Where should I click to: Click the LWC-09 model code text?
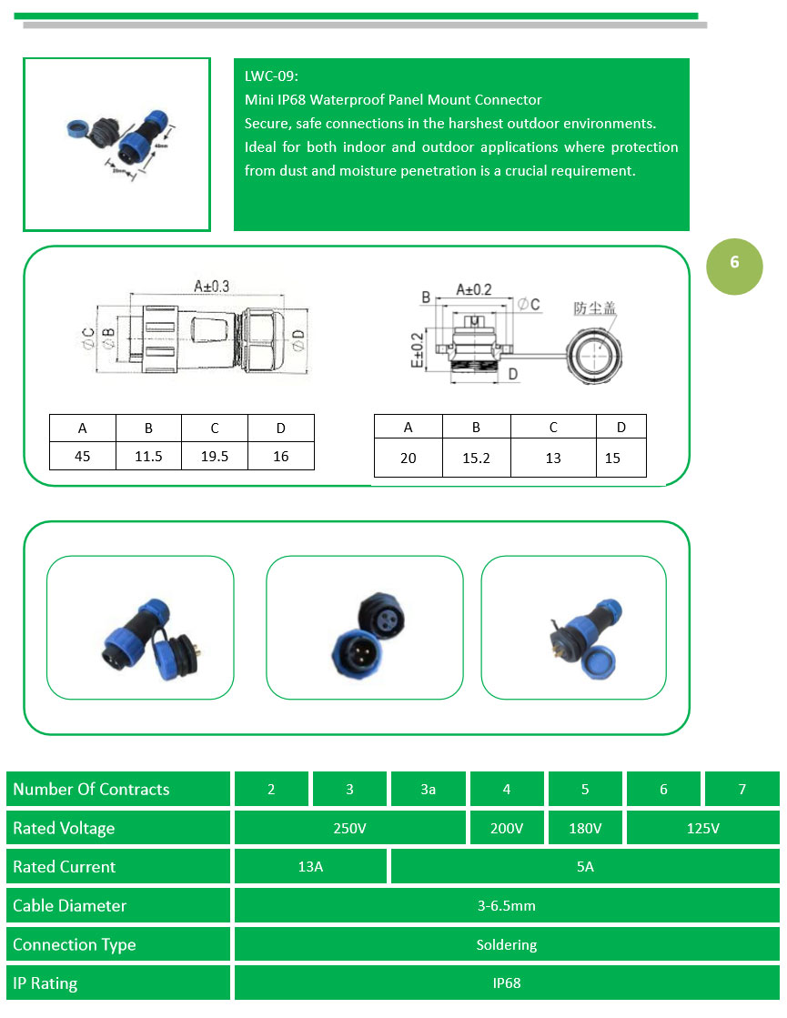271,76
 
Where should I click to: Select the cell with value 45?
83,456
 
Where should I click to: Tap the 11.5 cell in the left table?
148,456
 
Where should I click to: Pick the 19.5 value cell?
215,456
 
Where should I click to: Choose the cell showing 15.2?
476,458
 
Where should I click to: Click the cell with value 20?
408,458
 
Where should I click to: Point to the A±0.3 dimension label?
211,286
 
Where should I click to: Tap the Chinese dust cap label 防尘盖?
594,308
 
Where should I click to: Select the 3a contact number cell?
429,789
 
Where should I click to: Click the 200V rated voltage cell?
507,828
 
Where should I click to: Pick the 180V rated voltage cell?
585,828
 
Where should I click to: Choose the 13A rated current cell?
310,867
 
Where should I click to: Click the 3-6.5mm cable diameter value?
507,906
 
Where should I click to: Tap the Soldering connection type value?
507,944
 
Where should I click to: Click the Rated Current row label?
65,867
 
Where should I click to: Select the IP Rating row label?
45,983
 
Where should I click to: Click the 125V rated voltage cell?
702,828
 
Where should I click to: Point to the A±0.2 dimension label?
473,289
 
